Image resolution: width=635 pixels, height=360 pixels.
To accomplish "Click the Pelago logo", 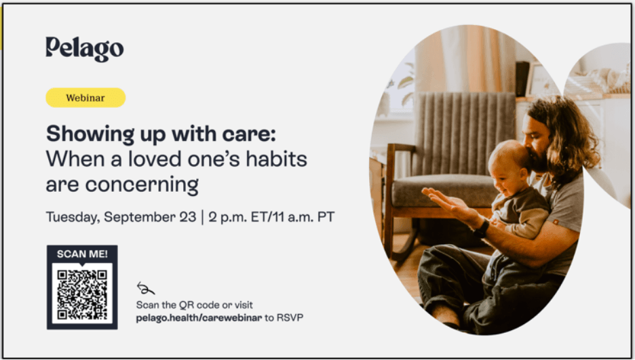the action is coord(85,49).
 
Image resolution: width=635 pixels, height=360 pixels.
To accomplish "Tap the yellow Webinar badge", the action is coord(85,98).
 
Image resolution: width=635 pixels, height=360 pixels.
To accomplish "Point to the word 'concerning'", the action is coord(142,185).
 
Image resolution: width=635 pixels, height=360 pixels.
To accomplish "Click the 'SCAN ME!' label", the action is coord(82,254).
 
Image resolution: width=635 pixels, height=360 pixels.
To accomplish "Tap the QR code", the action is coord(82,294).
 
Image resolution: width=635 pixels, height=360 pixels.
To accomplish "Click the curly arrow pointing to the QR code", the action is coord(145,288).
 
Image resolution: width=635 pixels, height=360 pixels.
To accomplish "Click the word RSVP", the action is coord(290,318).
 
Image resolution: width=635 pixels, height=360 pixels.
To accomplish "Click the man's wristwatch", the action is coord(481,230).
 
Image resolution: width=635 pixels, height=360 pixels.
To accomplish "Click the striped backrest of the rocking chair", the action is coord(464,134).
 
